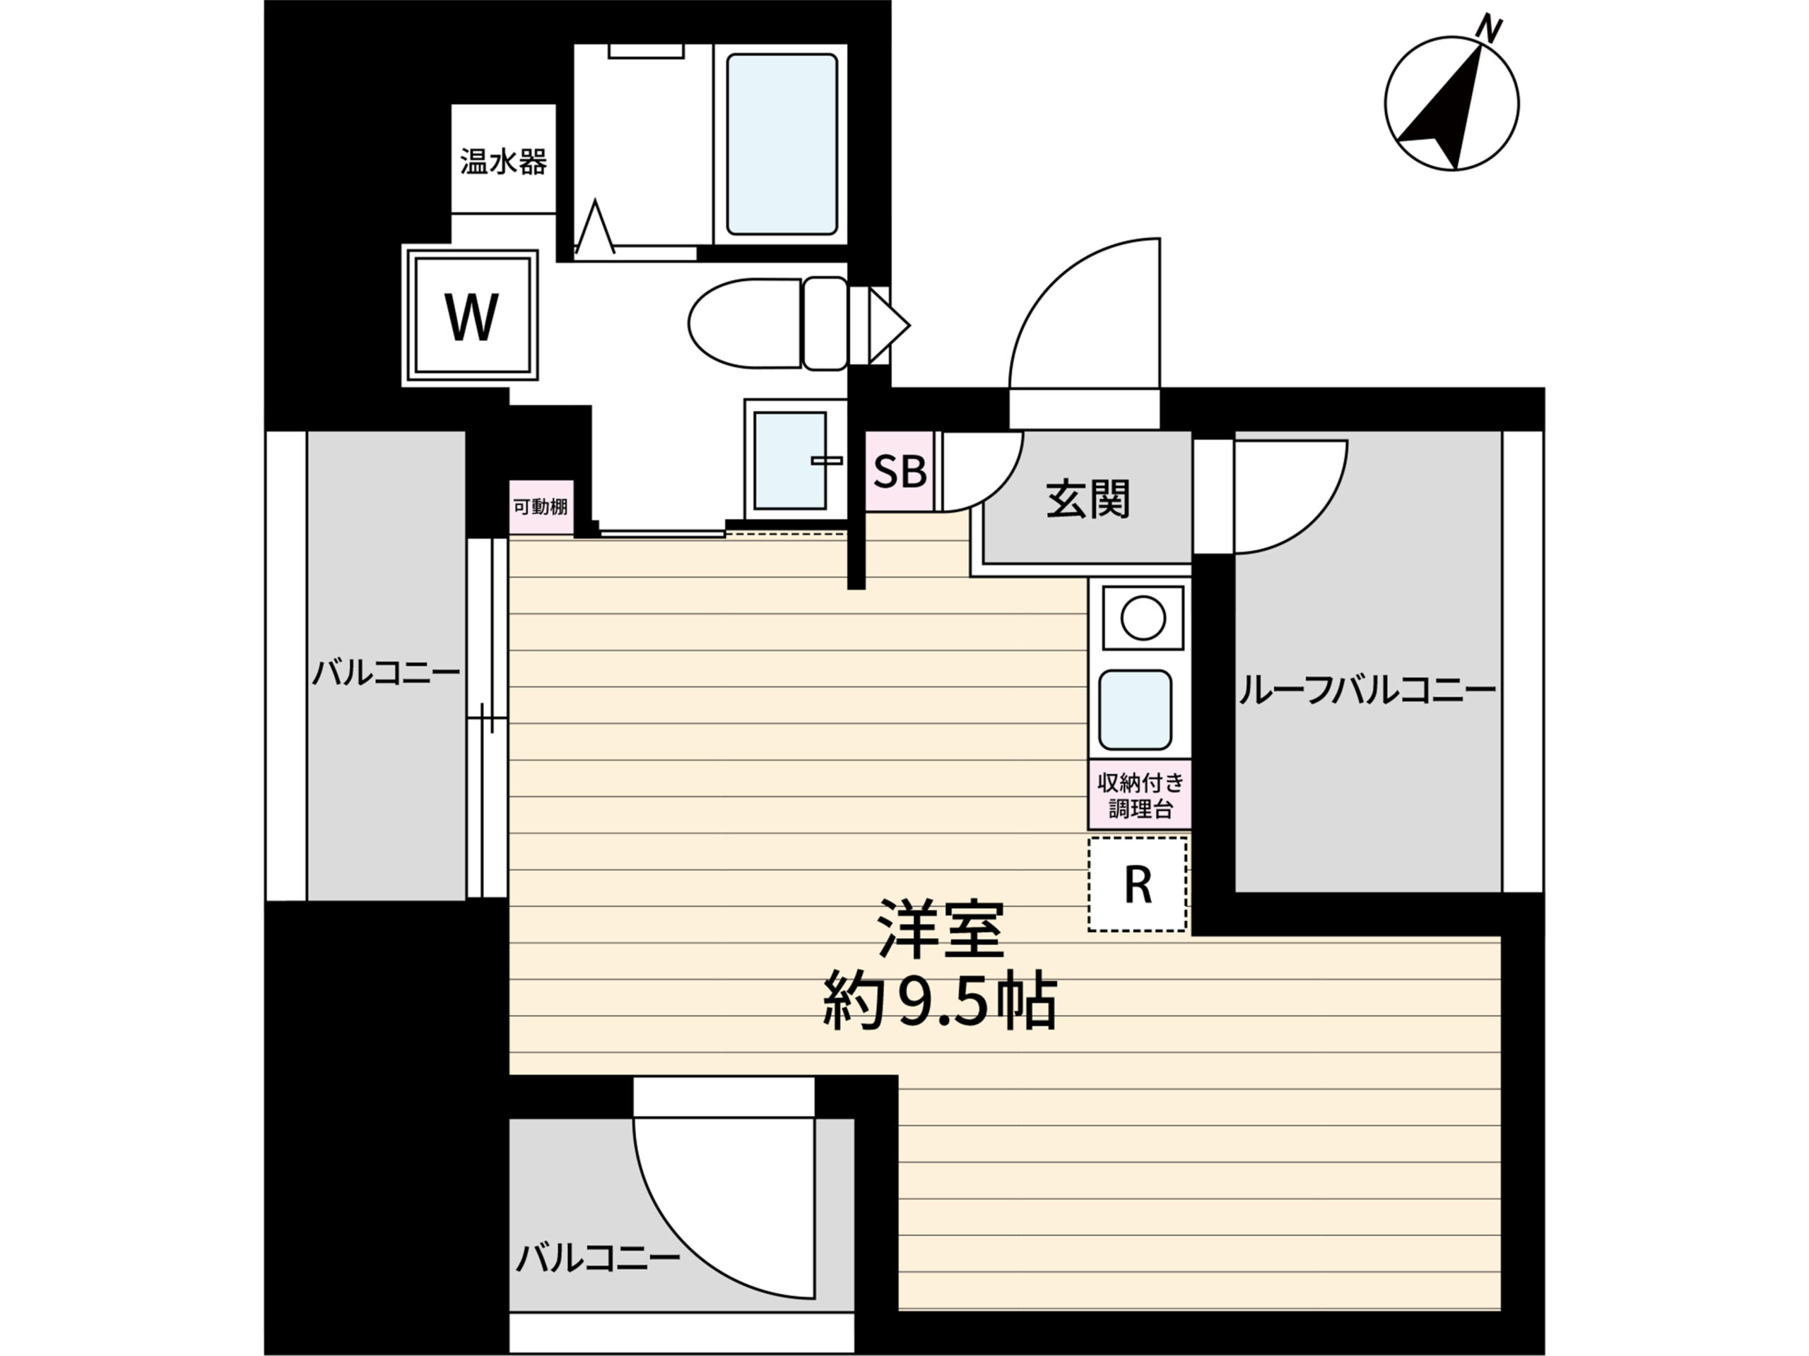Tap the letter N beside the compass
tap(1490, 30)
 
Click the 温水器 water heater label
tap(503, 161)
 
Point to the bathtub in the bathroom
tap(781, 144)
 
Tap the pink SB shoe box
tap(900, 471)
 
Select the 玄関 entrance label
tap(1088, 499)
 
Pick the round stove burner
tap(1143, 618)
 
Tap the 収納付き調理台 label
tap(1140, 795)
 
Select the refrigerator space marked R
tap(1138, 884)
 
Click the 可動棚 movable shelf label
tap(540, 507)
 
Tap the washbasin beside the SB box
tap(790, 460)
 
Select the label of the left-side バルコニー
tap(385, 674)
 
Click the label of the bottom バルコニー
tap(597, 1256)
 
